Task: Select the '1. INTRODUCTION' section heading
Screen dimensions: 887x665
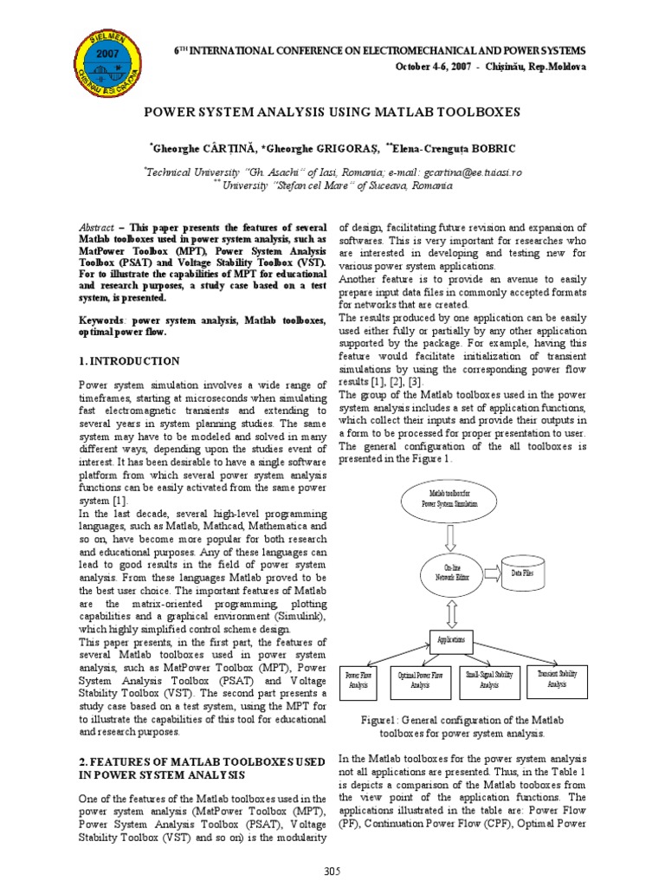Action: pyautogui.click(x=130, y=360)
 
